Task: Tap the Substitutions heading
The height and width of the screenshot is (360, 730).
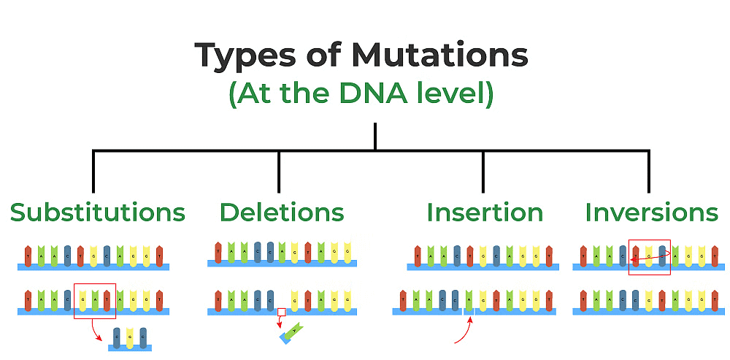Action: (97, 212)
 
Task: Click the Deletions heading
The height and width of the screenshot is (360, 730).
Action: (281, 212)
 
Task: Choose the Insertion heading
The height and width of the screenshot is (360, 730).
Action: (485, 212)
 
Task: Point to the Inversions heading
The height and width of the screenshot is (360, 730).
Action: (651, 212)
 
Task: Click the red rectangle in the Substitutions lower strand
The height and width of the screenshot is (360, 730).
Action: (95, 301)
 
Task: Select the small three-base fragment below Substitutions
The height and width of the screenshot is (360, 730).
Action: (130, 340)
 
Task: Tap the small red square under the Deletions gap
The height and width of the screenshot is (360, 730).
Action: (281, 313)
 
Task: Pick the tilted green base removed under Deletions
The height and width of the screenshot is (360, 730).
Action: (293, 333)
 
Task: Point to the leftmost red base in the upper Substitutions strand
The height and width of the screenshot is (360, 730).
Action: (28, 256)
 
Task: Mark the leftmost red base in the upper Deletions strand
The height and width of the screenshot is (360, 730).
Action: (218, 252)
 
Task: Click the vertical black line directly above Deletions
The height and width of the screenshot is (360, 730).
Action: (279, 172)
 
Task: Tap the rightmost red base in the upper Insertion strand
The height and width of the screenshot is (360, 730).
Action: (549, 256)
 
